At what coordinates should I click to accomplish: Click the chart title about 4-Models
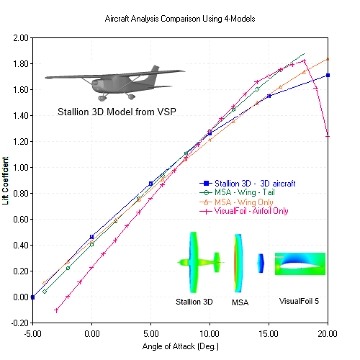[x=179, y=15]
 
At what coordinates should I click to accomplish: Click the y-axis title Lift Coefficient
[x=6, y=181]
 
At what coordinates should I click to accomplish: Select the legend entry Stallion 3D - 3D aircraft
[x=248, y=184]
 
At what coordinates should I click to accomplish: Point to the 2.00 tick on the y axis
[x=20, y=37]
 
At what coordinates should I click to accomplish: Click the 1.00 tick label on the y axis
[x=20, y=167]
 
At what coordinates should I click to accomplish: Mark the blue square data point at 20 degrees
[x=328, y=75]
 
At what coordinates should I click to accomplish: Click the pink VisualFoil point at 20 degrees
[x=328, y=135]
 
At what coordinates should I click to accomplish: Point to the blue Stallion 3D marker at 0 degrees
[x=91, y=237]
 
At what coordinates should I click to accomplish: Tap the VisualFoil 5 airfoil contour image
[x=300, y=264]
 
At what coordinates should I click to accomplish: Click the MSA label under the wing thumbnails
[x=239, y=302]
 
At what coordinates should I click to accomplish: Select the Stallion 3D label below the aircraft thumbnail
[x=194, y=302]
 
